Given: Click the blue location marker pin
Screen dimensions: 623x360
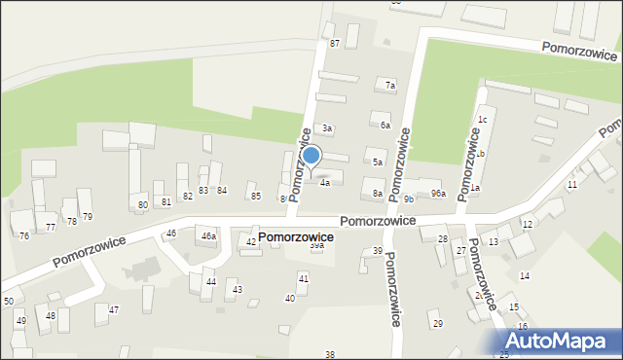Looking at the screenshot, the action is pos(311,156).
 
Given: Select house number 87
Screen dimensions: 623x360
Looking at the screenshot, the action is pos(335,44).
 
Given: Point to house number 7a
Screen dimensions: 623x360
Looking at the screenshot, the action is pos(389,86).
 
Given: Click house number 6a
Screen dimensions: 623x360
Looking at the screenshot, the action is pos(385,126).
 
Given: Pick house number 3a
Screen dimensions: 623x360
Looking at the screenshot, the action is pos(328,128).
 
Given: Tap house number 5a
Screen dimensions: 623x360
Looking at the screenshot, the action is pos(378,162).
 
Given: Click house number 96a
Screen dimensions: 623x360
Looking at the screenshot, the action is pos(439,194).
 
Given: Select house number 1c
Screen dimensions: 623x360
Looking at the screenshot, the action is pos(482,120).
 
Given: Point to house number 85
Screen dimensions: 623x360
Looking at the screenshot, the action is pos(256,196).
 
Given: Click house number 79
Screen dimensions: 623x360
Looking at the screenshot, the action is pos(87,216).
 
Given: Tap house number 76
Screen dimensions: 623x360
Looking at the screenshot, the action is pos(24,236).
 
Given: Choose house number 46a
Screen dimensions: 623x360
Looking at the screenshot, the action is pos(208,235).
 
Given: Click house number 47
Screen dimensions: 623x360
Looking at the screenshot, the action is pos(114,309).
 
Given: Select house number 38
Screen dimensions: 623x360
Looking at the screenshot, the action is pos(330,354).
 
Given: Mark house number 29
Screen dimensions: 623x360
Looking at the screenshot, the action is pos(437,323).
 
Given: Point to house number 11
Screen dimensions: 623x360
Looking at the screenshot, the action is pos(572,184).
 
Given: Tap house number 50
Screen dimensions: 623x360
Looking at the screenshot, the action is pos(9,302).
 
